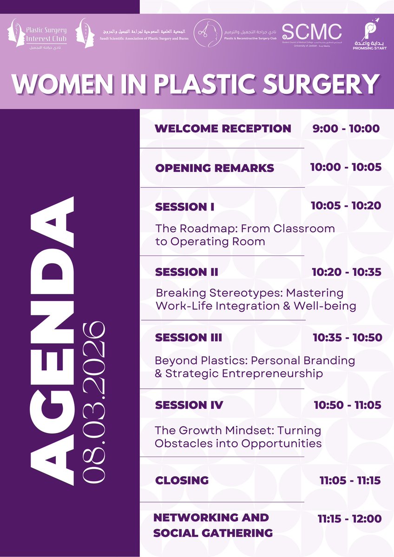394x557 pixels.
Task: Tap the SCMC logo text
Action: tap(312, 31)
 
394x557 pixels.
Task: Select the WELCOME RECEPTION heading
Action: tap(223, 129)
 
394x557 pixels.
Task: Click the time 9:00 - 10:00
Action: tap(346, 129)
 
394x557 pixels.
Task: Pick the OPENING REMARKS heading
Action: tap(215, 168)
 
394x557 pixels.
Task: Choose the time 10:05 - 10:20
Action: tap(346, 206)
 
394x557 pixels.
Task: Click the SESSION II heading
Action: tap(186, 272)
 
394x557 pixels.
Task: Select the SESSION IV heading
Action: tap(189, 405)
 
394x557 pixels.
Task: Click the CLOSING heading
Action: tap(182, 480)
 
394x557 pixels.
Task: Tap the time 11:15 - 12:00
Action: tap(350, 519)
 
